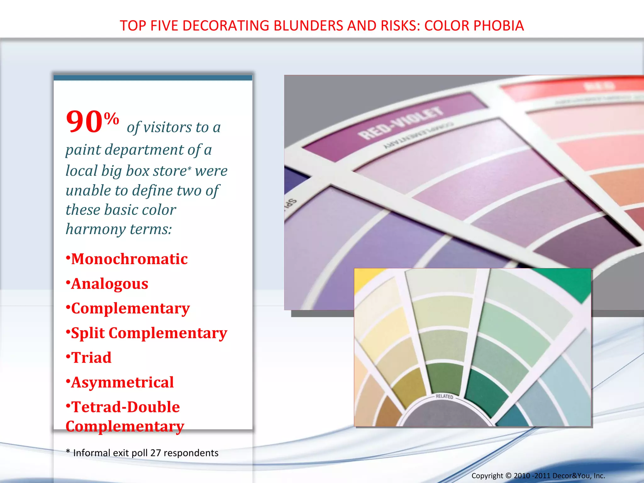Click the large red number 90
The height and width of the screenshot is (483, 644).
84,122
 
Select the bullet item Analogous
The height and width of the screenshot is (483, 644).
109,284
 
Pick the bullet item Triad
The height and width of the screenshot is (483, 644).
91,358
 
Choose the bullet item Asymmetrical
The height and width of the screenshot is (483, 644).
122,382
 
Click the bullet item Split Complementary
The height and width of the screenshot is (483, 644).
149,333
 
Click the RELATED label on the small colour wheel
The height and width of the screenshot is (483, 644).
444,396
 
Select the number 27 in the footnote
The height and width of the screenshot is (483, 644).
156,453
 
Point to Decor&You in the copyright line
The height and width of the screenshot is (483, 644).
572,476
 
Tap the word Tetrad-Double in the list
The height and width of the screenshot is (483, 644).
126,407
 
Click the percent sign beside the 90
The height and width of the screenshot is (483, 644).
111,119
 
